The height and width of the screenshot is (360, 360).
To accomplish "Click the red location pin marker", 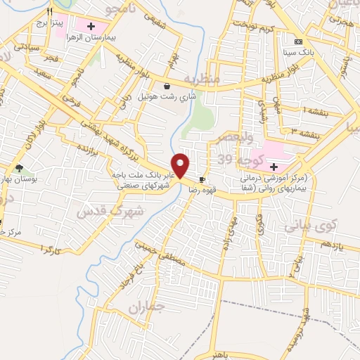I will click(181, 165).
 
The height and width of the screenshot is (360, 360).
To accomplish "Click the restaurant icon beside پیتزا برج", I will click(49, 13).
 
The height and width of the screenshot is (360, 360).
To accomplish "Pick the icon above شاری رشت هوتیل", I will click(166, 86).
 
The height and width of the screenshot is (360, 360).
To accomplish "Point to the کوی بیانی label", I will click(309, 228).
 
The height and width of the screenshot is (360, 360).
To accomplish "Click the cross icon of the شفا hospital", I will click(274, 166).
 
